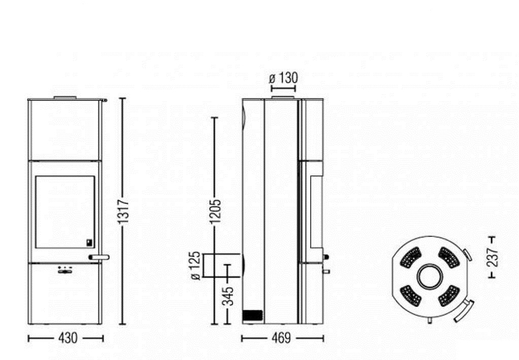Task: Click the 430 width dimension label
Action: click(x=68, y=338)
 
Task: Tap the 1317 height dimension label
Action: click(x=123, y=211)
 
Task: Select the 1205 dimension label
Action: click(x=215, y=211)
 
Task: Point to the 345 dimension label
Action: click(x=228, y=296)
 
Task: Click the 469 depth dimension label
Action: click(x=282, y=338)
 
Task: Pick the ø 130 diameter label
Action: click(x=284, y=78)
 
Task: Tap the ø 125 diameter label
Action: click(x=196, y=266)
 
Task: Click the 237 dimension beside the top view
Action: click(x=492, y=257)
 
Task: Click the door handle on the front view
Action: click(x=99, y=257)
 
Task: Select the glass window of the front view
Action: click(x=65, y=211)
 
